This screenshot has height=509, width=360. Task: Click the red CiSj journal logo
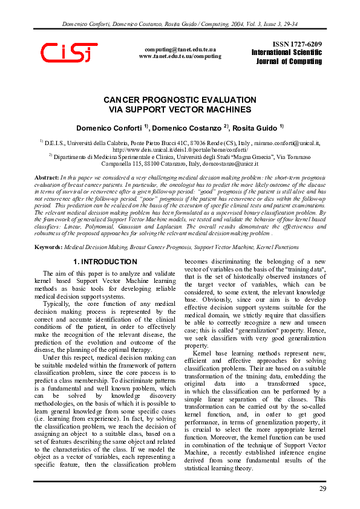click(x=68, y=53)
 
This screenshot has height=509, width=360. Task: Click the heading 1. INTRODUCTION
click(x=105, y=262)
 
